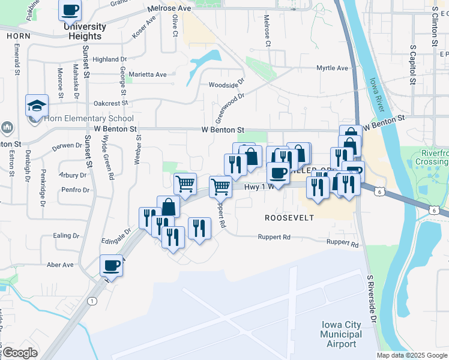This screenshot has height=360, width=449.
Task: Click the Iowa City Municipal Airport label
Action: click(340, 334)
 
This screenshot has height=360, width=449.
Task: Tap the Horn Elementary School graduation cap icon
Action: click(37, 106)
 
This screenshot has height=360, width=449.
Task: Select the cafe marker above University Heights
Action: click(70, 10)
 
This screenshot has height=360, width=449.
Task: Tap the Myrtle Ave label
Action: click(333, 68)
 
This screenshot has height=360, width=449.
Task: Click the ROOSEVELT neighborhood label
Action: click(289, 218)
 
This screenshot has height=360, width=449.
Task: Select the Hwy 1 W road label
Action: click(259, 187)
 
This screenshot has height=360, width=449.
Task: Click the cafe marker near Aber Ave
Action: click(112, 265)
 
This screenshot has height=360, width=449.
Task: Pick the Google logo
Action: click(20, 353)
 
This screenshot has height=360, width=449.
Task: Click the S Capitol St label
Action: click(413, 64)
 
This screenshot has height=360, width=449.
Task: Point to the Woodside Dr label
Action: click(227, 85)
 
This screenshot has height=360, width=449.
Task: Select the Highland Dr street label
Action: click(110, 59)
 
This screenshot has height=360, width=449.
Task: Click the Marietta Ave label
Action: click(149, 74)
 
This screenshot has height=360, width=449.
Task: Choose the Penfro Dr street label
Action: click(75, 190)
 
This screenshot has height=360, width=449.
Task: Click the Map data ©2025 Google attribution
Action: click(411, 355)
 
